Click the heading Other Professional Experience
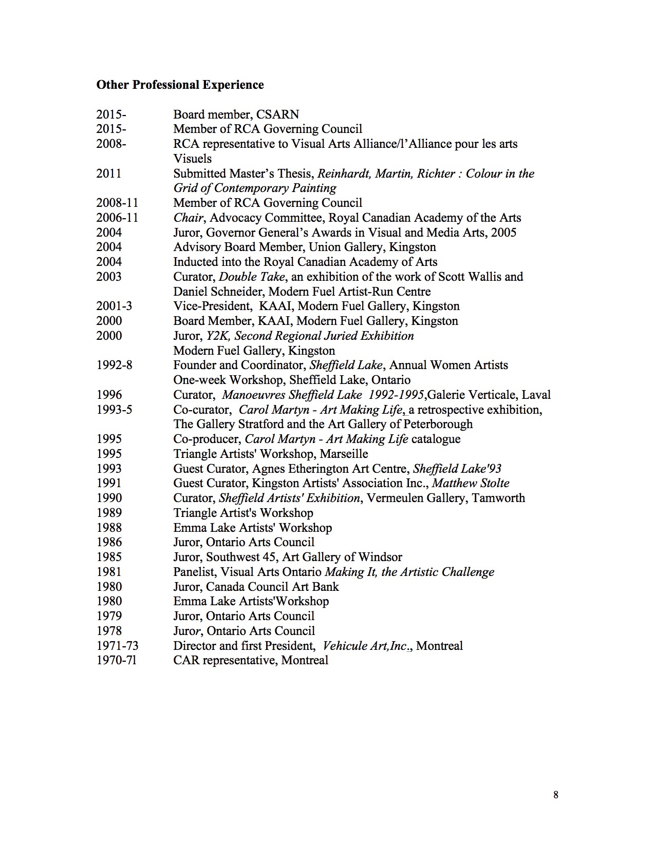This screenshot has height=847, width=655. pyautogui.click(x=180, y=85)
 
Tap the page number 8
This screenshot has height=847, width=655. pyautogui.click(x=556, y=795)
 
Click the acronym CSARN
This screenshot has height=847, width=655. pyautogui.click(x=277, y=114)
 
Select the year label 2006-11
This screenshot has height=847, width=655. pyautogui.click(x=117, y=218)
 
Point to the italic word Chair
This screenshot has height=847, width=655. pyautogui.click(x=189, y=218)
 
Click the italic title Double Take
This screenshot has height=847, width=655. pyautogui.click(x=252, y=277)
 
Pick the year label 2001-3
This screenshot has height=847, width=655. pyautogui.click(x=114, y=306)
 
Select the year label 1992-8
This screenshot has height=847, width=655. pyautogui.click(x=114, y=365)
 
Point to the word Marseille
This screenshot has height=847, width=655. pyautogui.click(x=344, y=454)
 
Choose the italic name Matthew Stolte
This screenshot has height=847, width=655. pyautogui.click(x=471, y=483)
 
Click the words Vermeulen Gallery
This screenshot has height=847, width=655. pyautogui.click(x=416, y=498)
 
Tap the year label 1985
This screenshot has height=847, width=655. pyautogui.click(x=109, y=557)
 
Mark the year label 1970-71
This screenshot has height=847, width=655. pyautogui.click(x=117, y=660)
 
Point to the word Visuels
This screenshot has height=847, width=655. pyautogui.click(x=193, y=159)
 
